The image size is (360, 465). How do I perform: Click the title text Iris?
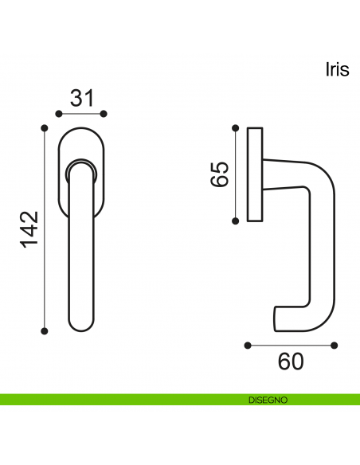tap(338, 70)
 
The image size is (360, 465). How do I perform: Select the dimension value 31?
tap(82, 98)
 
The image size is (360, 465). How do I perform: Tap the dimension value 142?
tap(29, 229)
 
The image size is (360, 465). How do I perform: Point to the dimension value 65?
tap(220, 174)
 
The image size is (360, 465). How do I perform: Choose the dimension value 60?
tap(291, 361)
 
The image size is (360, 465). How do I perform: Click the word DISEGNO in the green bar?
tap(268, 400)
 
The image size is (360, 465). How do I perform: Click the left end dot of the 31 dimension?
tap(59, 114)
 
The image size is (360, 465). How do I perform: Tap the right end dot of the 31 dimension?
tap(104, 114)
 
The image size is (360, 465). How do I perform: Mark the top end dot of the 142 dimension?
tap(45, 128)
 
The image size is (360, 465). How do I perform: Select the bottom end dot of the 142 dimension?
tap(45, 331)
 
